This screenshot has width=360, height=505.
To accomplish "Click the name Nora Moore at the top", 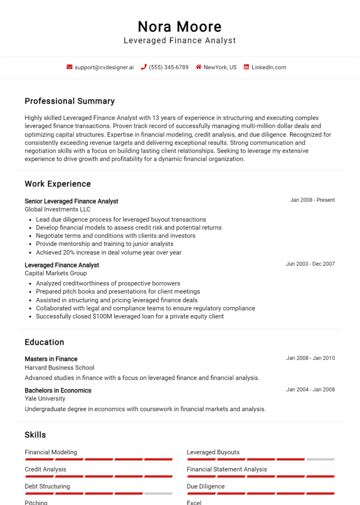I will coord(180,26).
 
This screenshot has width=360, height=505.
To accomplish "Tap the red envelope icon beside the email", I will coord(69,67).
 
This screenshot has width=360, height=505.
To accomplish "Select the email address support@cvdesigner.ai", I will coord(104,67).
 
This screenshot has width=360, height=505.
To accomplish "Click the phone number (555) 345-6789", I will coord(168,67).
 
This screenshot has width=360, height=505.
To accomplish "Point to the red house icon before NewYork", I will coord(199,67).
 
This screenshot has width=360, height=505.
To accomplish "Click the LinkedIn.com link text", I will coord(269,67).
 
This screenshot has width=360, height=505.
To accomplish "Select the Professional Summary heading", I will coord(69,101).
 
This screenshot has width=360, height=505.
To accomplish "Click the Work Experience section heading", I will coord(58,184).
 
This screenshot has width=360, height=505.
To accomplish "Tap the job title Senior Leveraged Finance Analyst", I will coord(71,201).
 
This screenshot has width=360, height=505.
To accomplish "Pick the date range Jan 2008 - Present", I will coord(312,200).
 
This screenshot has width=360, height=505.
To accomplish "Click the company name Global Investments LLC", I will coord(58,209).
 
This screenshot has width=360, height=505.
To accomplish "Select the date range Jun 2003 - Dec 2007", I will coord(310,264).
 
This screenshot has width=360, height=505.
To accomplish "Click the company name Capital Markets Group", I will coord(55,273).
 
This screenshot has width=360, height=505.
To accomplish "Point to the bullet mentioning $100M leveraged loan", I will coord(130,317).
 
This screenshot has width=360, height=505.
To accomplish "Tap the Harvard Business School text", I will coord(59,368).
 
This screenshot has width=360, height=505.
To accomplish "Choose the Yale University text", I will coord(45,399).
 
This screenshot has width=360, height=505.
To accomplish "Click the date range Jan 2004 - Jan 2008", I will coord(310,389).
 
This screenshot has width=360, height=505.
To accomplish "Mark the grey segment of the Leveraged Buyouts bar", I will coord(321,460).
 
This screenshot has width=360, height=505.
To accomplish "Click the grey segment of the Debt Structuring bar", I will coord(158,494).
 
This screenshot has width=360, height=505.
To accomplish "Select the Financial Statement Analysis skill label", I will coord(226,469).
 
